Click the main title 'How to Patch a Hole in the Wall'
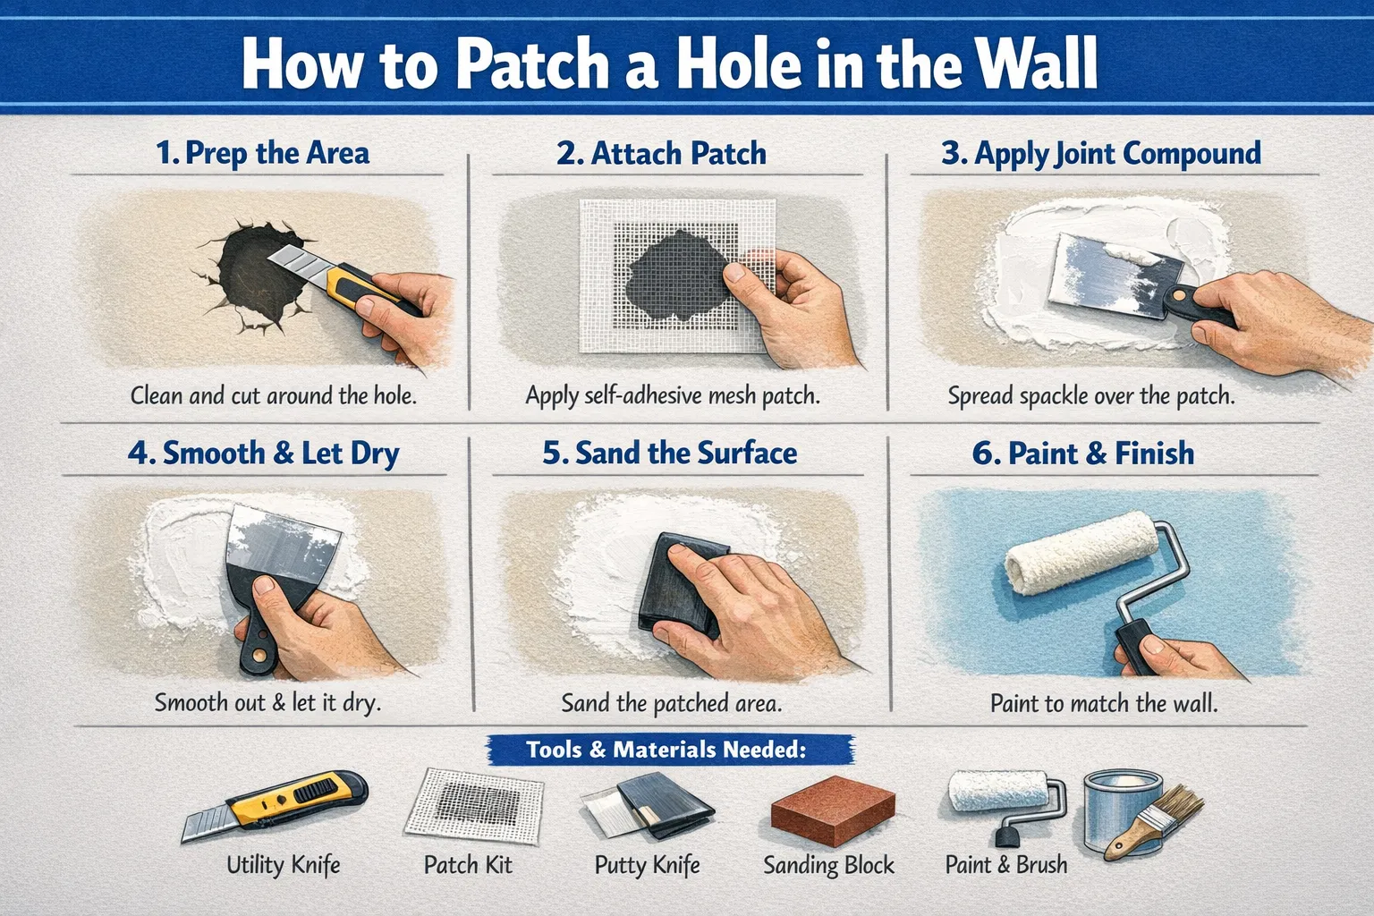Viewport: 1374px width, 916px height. (x=669, y=64)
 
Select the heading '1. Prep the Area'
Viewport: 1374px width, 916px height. (x=262, y=153)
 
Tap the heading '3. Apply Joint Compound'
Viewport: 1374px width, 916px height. (x=1101, y=153)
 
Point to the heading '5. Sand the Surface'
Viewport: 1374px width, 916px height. (x=669, y=453)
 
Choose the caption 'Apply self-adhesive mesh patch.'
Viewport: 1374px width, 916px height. (x=673, y=395)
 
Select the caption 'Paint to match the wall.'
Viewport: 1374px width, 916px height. (x=1104, y=703)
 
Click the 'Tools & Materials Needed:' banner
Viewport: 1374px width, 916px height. (x=666, y=750)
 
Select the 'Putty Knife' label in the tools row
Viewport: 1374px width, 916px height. (x=647, y=865)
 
